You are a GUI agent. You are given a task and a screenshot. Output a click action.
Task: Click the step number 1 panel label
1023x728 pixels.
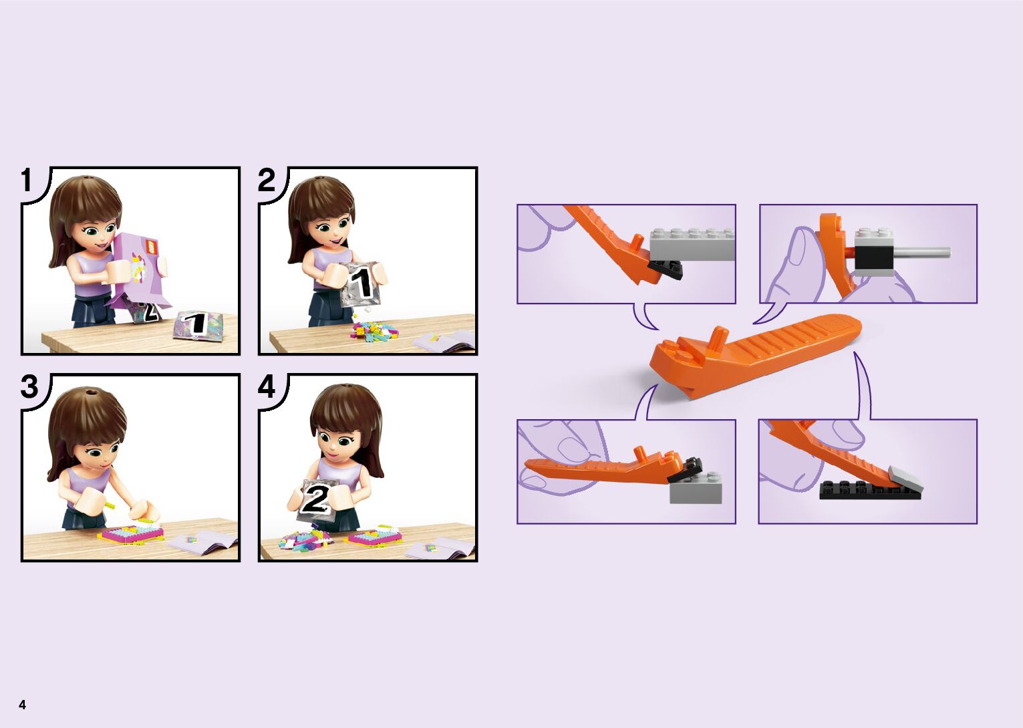point(27,180)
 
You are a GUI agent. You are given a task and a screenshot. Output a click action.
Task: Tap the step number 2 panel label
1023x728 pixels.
point(266,180)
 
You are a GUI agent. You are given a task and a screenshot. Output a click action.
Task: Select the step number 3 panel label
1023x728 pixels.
point(29,387)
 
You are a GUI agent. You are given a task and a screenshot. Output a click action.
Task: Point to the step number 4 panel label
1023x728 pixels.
point(267,387)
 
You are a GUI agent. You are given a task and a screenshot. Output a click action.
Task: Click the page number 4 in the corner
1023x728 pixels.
point(22,704)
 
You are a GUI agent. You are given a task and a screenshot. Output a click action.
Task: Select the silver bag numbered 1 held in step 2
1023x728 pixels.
point(361,284)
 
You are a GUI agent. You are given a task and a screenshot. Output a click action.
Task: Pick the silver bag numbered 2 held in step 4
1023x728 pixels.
point(314,499)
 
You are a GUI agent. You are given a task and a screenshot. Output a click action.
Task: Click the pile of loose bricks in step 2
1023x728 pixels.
point(372,330)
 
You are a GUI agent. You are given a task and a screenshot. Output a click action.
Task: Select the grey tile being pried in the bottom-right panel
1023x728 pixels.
point(906,479)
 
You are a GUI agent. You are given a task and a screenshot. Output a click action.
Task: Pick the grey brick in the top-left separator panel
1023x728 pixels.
point(692,244)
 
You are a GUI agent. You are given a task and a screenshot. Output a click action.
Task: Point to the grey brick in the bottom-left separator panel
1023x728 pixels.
point(696,488)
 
